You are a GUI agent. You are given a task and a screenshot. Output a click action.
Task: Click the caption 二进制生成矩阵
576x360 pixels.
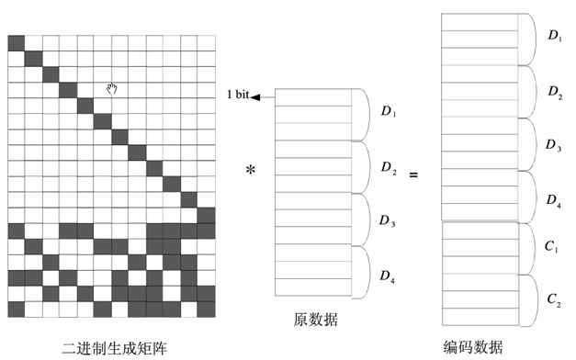coord(114,348)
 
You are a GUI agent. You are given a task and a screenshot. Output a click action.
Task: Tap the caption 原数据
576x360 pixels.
coord(315,320)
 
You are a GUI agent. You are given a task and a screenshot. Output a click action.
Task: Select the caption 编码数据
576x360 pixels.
coord(473,347)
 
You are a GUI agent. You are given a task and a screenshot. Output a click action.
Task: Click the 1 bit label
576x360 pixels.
coord(238,95)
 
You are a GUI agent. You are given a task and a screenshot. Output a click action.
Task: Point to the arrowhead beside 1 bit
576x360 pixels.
coord(255,97)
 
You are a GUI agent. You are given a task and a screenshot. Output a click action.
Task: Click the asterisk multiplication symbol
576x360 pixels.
coord(251,170)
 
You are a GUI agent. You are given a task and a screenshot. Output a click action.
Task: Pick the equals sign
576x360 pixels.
coord(413,174)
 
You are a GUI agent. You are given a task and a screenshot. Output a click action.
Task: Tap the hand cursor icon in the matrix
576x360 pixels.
coord(112,88)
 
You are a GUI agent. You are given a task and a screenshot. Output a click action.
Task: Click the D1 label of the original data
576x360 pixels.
coord(389,111)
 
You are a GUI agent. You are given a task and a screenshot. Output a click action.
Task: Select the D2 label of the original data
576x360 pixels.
coord(389,167)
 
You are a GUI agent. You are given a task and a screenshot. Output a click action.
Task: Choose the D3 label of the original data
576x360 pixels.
coord(387,220)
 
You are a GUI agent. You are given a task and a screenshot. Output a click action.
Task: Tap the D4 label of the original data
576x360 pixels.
coord(387,276)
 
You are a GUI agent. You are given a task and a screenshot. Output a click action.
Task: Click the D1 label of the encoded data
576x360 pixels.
coord(555,36)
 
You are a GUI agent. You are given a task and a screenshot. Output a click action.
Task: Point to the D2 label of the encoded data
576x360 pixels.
coord(555,92)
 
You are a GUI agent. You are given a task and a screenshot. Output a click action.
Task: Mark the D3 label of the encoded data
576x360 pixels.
coord(553,145)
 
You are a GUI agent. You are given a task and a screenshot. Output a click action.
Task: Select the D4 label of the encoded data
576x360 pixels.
coord(554,200)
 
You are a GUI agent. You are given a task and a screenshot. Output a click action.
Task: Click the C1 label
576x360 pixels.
coord(551,246)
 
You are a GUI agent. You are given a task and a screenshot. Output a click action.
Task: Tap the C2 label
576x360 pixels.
coord(554,299)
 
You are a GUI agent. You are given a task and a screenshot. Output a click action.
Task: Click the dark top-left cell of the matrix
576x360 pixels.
coord(17,43)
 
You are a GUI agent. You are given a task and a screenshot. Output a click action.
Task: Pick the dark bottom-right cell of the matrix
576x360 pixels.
coord(207,309)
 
